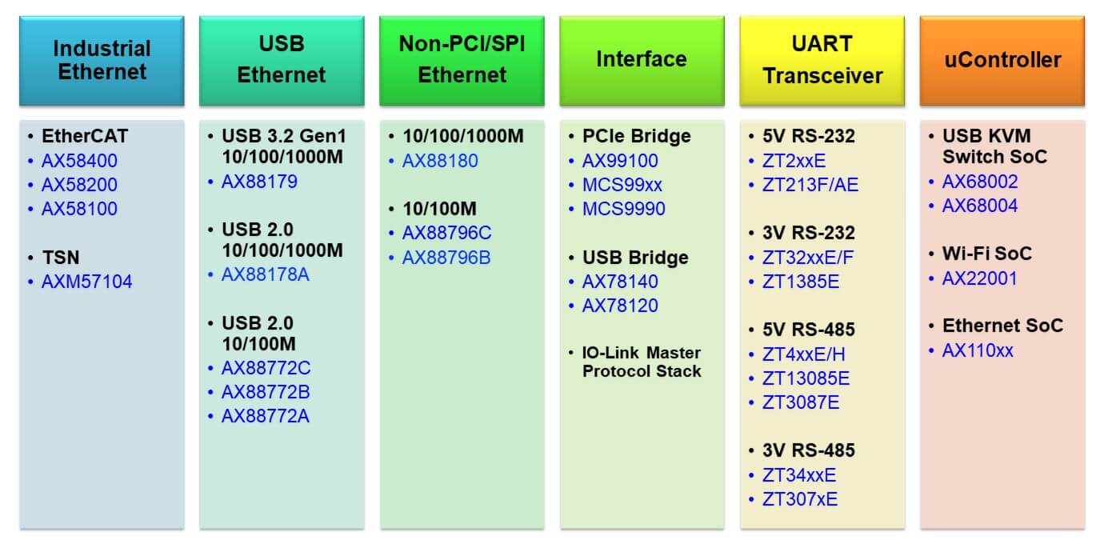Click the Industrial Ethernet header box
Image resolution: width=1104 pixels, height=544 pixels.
102,61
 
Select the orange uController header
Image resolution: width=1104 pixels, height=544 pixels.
1002,61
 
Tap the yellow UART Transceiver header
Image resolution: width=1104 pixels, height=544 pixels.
822,61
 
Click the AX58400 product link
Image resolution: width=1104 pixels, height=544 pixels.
79,161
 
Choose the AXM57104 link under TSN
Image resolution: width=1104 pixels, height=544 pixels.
86,282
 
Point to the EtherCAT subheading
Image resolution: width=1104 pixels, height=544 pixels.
85,136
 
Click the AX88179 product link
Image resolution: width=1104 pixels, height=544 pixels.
260,182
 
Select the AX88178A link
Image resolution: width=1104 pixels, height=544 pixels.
266,274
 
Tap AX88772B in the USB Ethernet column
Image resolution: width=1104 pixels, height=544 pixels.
266,392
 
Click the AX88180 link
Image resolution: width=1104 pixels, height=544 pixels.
440,161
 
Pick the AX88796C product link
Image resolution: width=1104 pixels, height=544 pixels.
446,233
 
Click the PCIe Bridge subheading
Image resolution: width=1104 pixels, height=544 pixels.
637,136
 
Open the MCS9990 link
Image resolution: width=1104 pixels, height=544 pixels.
624,209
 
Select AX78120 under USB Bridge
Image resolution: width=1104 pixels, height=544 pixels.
620,306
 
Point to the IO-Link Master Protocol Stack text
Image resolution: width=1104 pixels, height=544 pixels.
642,362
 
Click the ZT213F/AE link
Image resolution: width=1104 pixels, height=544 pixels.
810,185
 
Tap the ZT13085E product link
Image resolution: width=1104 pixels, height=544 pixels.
806,378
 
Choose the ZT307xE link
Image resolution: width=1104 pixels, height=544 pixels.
800,499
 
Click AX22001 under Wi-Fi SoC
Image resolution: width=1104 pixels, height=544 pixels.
980,279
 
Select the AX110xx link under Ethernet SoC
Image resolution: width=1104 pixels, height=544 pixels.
978,351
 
